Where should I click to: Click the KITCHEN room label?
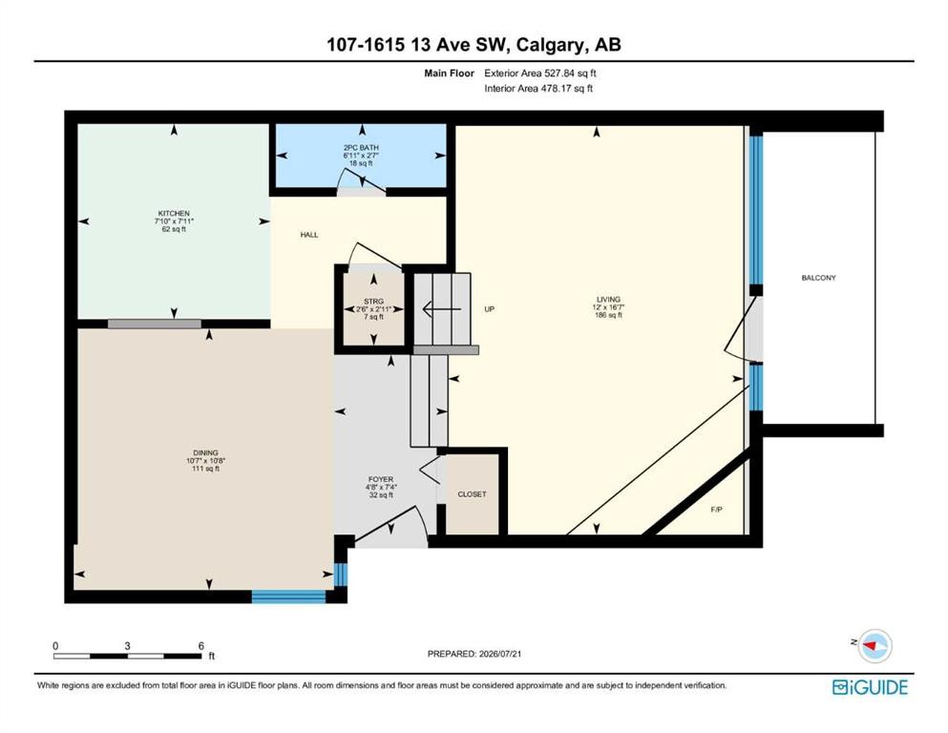tap(174, 213)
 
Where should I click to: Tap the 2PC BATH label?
tap(361, 148)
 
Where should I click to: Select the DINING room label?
tap(205, 452)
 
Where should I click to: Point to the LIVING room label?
tap(608, 299)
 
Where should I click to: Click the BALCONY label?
tap(818, 278)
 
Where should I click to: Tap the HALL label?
tap(309, 235)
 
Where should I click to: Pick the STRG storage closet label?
tap(373, 302)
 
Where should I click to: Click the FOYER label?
tap(381, 479)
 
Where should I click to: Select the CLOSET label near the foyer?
tap(472, 494)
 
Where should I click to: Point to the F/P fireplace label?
tap(716, 510)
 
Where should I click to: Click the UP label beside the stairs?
tap(489, 309)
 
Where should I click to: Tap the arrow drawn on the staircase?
tap(442, 309)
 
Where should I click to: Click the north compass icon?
tap(873, 645)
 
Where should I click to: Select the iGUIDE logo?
tap(870, 687)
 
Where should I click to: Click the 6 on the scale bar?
tap(200, 645)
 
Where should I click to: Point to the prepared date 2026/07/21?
tap(499, 653)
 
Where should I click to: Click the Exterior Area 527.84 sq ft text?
tap(540, 73)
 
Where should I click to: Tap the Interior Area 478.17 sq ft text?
tap(538, 88)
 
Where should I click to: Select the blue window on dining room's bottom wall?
tap(288, 596)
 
